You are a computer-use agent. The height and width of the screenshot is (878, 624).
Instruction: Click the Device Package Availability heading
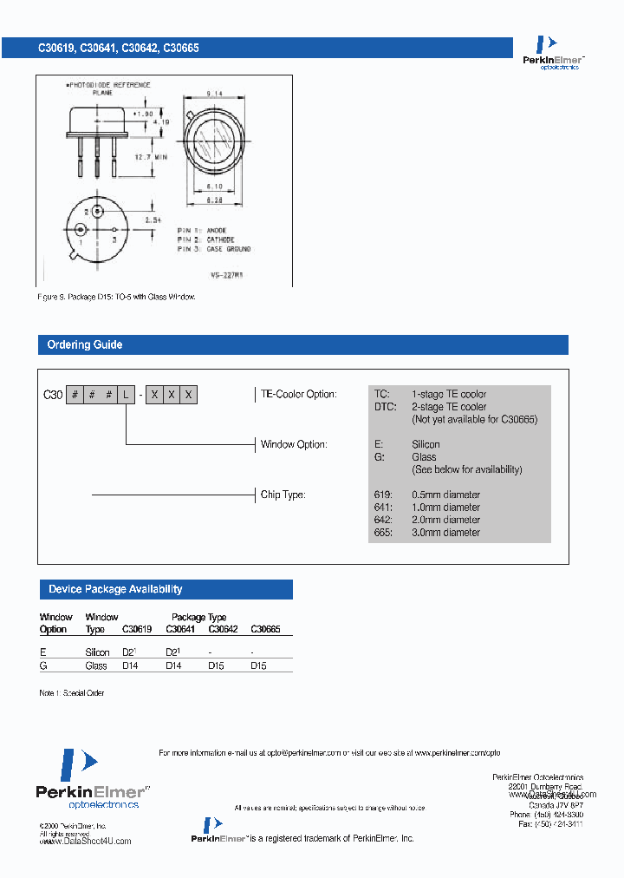[115, 590]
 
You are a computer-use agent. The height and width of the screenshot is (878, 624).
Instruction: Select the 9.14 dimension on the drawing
[215, 93]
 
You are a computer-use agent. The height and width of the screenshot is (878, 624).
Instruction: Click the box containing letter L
[127, 395]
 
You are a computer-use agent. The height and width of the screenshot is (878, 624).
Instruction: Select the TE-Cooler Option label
[298, 395]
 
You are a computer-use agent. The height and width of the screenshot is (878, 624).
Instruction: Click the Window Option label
[294, 445]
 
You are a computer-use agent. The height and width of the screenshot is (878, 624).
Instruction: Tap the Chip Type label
[283, 495]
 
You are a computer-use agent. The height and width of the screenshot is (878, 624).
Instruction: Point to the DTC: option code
[386, 407]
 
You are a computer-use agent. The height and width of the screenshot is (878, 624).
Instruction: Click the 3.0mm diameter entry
[445, 533]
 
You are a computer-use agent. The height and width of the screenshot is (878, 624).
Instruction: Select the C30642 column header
[223, 629]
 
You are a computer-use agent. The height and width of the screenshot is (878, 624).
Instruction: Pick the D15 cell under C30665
[259, 665]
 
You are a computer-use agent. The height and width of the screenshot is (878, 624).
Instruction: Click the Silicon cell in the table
[97, 652]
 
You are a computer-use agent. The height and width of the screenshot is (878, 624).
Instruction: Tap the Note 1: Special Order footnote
[72, 693]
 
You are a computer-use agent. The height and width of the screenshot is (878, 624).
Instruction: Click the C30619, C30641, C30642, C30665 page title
[118, 49]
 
